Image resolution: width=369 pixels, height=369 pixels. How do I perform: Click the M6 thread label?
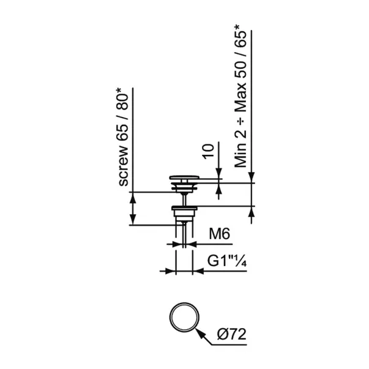tap(219, 234)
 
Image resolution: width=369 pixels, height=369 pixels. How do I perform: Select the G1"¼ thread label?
tap(227, 261)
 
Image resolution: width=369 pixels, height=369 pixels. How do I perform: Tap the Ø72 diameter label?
tap(231, 334)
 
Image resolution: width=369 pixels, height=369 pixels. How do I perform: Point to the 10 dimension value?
tap(209, 152)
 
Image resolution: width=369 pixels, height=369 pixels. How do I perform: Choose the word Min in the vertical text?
tap(240, 155)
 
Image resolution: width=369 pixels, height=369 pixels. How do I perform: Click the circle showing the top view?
tap(184, 317)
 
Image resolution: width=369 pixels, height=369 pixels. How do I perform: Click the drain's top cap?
tap(184, 177)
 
